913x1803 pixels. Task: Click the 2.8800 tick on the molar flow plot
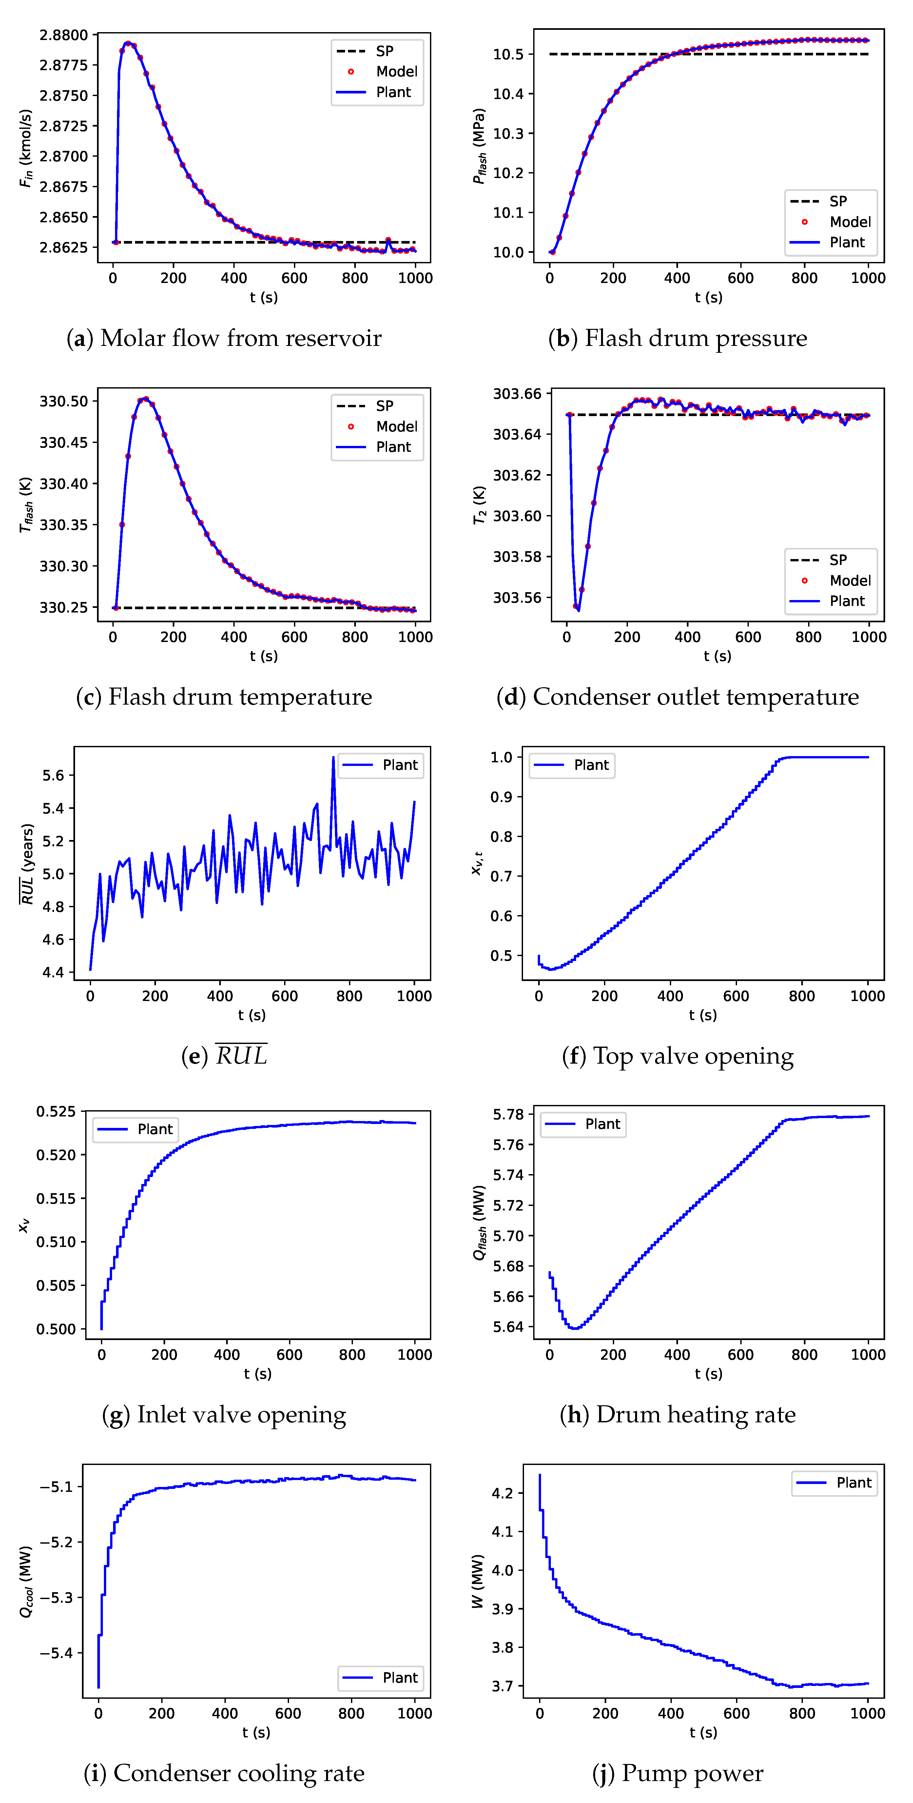64,35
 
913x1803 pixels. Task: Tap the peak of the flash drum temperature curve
145,399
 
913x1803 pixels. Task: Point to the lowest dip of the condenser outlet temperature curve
577,609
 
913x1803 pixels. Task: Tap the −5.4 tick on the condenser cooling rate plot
56,1653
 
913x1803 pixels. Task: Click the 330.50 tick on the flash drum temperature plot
64,401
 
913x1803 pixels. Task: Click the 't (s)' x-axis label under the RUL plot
251,1015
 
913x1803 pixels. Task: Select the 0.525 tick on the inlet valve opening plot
56,1112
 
